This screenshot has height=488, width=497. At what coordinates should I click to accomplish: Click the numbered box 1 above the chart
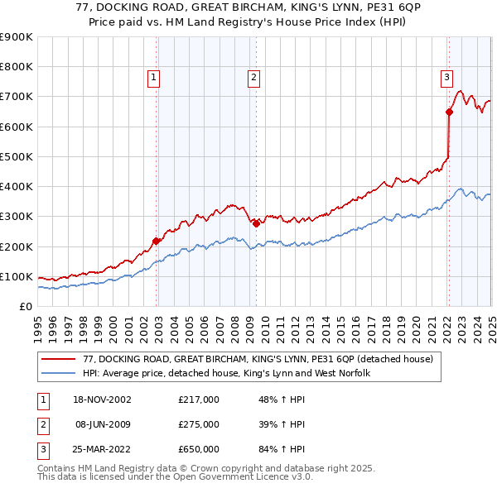click(154, 79)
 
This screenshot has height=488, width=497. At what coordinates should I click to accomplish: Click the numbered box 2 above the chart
click(253, 79)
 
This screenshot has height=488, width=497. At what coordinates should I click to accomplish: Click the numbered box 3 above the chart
click(446, 79)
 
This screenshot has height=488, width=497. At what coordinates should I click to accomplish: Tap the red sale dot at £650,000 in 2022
click(449, 112)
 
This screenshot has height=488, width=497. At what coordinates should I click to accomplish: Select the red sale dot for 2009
click(256, 223)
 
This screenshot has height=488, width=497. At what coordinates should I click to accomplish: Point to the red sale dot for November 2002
click(157, 241)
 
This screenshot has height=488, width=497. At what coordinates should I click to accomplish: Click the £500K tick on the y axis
click(17, 156)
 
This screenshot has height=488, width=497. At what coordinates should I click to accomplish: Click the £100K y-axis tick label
click(17, 276)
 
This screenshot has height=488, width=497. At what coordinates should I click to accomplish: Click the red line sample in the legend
click(60, 360)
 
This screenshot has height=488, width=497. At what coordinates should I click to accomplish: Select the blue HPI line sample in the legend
click(60, 374)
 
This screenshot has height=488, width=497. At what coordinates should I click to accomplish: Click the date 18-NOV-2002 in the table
click(103, 399)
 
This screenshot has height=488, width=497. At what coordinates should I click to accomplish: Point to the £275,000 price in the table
click(199, 424)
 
